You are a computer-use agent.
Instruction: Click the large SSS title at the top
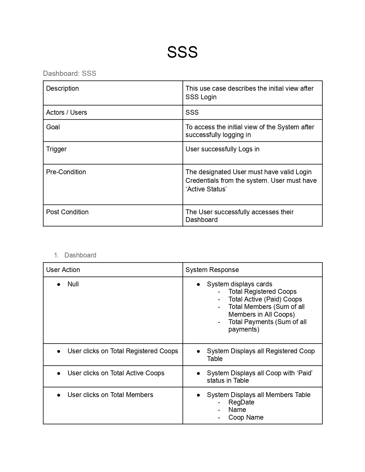182,52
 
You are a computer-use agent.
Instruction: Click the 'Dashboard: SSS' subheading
70,74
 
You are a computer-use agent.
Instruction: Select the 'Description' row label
62,88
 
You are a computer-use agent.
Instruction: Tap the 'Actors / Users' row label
66,112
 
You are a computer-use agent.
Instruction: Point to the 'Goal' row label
53,127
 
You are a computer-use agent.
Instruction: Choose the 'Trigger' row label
56,149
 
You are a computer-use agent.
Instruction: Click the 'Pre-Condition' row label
66,172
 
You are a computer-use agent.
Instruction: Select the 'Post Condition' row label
67,212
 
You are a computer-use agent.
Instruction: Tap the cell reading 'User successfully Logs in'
222,149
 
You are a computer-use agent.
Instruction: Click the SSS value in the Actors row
192,112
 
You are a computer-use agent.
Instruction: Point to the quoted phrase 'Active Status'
206,189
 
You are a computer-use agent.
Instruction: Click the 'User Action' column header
63,270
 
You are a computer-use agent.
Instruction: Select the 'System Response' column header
212,270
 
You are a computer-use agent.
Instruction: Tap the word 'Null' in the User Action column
73,284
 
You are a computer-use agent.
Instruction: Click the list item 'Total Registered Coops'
263,291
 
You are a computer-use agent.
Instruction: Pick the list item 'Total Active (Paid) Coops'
265,299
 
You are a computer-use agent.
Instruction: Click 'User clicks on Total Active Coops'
116,373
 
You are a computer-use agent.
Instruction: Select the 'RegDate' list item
241,402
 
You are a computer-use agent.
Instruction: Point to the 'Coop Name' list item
246,417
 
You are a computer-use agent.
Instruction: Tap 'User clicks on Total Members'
110,395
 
